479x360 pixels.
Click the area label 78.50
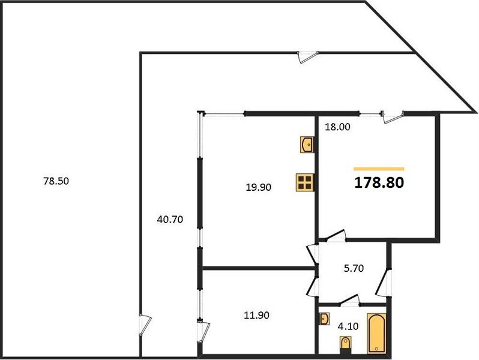pos(56,180)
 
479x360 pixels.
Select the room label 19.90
pos(259,187)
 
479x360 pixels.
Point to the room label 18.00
pos(337,127)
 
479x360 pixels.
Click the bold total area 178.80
pos(379,182)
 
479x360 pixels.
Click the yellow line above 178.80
pos(379,169)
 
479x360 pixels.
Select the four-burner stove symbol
pos(305,182)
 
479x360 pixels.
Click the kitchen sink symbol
pos(307,144)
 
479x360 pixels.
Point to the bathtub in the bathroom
pos(376,334)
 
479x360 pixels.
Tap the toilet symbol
pos(345,344)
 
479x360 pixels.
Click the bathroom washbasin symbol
pos(324,318)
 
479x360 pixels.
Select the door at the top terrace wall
pos(308,56)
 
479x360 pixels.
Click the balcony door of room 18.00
pos(393,116)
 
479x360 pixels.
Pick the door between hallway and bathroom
pos(348,300)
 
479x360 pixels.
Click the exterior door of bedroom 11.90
pos(205,330)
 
